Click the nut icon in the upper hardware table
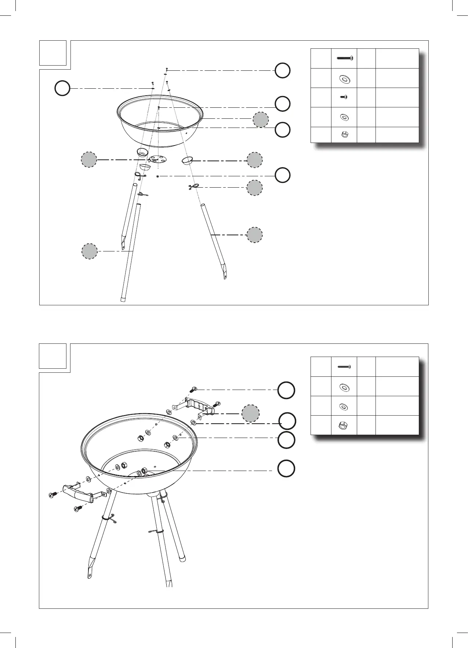click(x=344, y=135)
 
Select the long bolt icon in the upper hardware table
click(x=344, y=58)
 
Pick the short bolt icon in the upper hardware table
click(x=344, y=97)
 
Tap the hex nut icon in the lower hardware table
click(x=344, y=426)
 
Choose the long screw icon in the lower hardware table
click(x=344, y=366)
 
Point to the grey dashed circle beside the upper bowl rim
click(x=261, y=119)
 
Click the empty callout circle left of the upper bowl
click(x=62, y=89)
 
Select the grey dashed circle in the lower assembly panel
click(x=251, y=413)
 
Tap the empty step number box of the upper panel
click(x=53, y=53)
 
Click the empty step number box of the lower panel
click(x=53, y=356)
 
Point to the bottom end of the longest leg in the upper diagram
click(x=123, y=298)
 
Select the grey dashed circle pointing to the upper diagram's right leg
click(x=254, y=235)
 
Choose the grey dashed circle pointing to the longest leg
click(x=89, y=251)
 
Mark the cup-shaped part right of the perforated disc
click(x=188, y=160)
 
